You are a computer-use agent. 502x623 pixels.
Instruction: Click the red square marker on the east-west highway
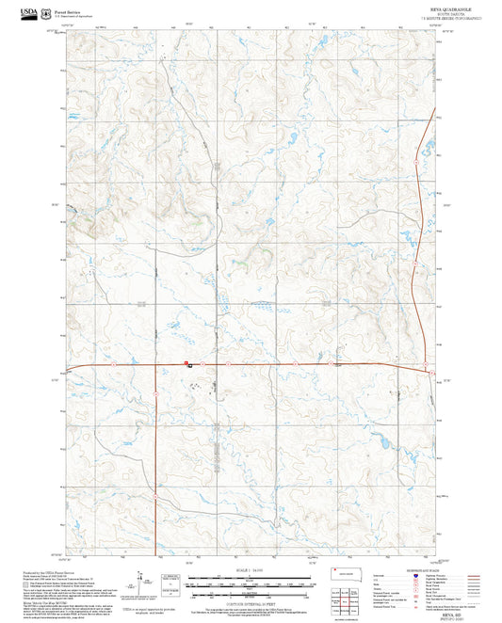(186, 362)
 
